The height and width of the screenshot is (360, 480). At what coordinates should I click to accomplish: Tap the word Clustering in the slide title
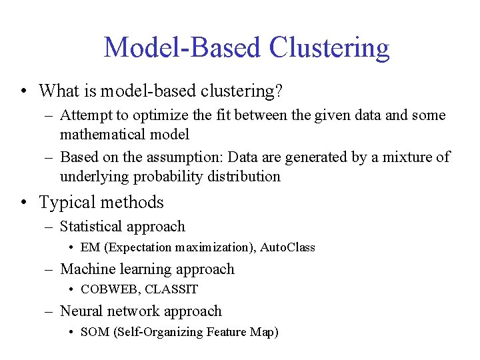(329, 48)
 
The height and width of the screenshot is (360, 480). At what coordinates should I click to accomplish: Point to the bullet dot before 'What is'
(23, 91)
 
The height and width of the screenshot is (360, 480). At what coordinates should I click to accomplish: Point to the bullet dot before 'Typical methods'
(23, 203)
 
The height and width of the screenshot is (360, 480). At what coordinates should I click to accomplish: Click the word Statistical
(89, 227)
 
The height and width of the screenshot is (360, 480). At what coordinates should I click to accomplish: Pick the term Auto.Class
(287, 248)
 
